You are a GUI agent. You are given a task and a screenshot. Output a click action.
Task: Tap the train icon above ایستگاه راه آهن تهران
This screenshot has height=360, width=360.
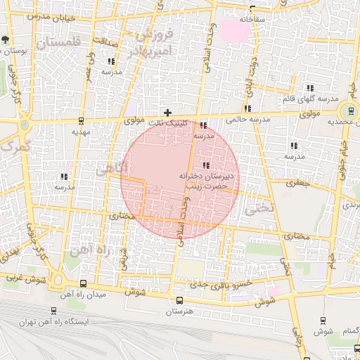[x=55, y=310]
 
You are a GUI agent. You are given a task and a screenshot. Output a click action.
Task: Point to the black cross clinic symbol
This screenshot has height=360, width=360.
[x=167, y=112]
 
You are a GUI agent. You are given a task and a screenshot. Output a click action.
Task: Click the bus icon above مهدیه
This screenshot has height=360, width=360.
[x=82, y=120]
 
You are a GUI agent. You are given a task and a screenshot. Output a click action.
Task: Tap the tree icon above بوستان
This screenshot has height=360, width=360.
[x=6, y=39]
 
